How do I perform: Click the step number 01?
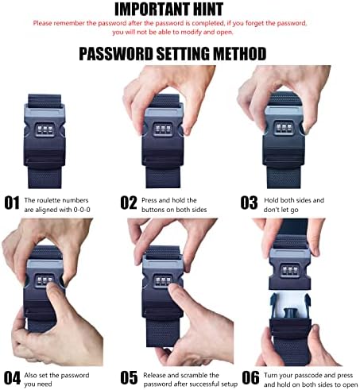12,203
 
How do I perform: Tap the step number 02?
129,203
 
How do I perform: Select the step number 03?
249,203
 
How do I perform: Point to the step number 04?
12,378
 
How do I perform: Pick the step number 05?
129,378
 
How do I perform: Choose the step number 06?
250,378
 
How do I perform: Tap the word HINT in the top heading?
208,10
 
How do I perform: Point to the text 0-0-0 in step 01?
82,210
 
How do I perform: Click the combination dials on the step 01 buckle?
45,129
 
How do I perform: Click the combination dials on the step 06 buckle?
290,270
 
